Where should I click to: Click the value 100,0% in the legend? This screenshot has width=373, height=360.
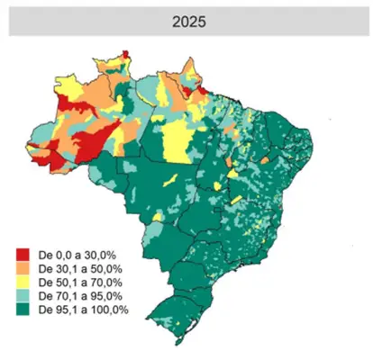(x=109, y=310)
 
